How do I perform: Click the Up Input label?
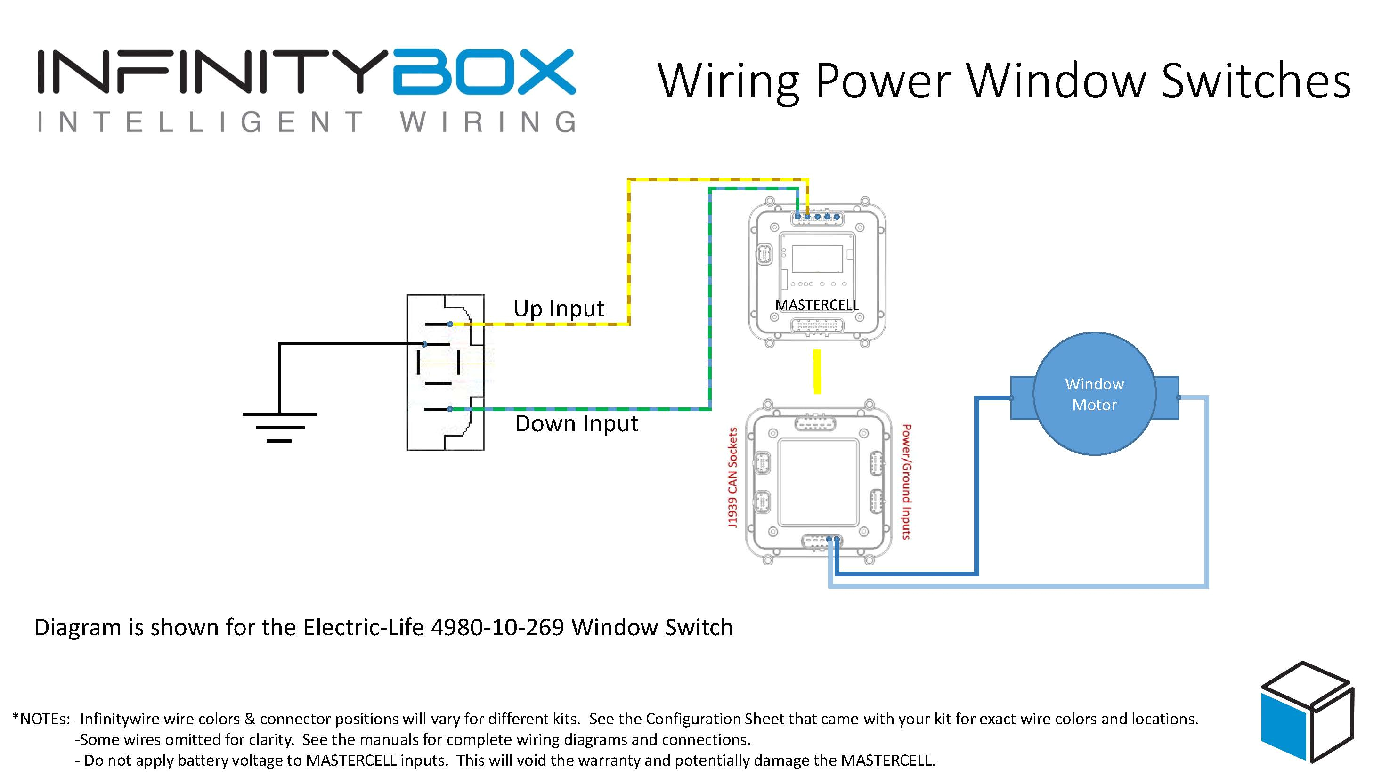pos(559,309)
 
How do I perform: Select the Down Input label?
pos(576,424)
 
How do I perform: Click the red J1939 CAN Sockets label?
pos(732,477)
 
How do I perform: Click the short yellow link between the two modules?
pos(817,372)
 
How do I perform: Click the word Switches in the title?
pos(1255,81)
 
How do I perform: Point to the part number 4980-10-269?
pos(497,627)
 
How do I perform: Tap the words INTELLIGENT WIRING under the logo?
pos(306,122)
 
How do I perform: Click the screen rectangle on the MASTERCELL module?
pos(817,259)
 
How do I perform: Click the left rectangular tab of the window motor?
pos(1022,398)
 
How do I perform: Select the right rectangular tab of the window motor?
pos(1167,398)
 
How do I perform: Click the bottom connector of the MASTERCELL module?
pos(817,325)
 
